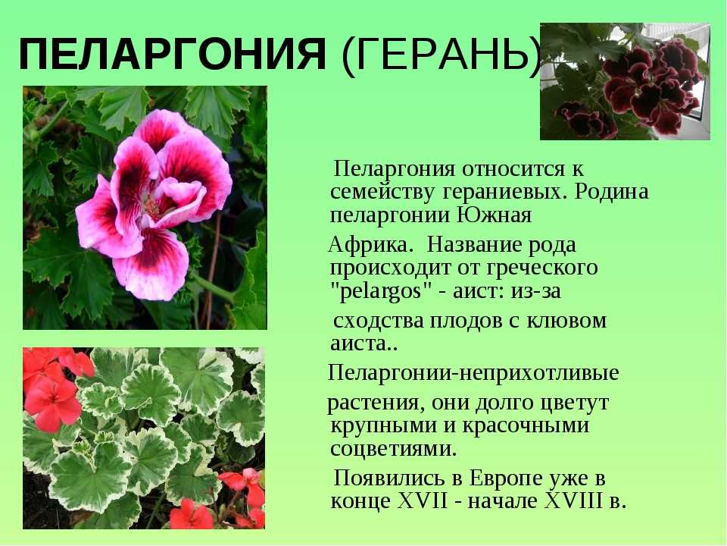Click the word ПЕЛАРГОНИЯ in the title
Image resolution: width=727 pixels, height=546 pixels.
coord(173,54)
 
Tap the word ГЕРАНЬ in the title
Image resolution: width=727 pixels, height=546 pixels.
coord(441,54)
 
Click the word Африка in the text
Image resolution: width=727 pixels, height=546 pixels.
coord(370,244)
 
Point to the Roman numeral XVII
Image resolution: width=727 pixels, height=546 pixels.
coord(423,501)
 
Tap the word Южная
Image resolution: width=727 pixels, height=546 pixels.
coord(495,215)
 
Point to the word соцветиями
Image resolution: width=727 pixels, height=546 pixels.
coord(394,449)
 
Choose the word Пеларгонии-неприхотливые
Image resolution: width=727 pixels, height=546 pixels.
coord(473,374)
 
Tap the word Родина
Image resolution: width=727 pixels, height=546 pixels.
coord(612,191)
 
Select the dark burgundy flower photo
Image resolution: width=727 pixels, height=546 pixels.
coord(625,81)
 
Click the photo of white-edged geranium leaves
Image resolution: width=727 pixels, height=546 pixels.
coord(144,438)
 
